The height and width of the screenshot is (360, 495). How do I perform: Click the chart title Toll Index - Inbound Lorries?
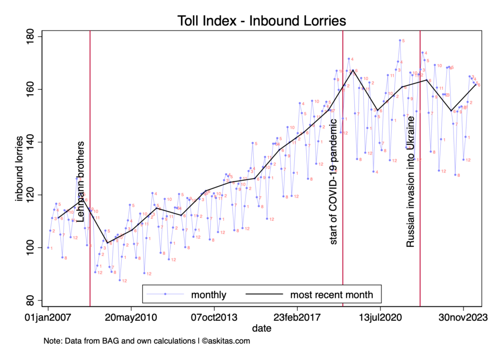coord(262,21)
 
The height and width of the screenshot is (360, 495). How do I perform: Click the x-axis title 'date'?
coord(262,329)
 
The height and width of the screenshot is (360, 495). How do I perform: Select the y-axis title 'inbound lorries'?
coord(20,169)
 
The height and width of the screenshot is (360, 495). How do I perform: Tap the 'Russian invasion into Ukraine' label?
coord(410,182)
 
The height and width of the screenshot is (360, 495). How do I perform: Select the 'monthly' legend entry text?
coord(208,294)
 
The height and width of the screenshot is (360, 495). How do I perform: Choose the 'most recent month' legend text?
coord(332,294)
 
